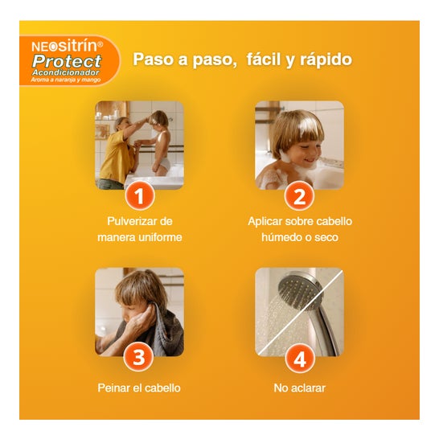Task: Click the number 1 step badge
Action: coord(139,195)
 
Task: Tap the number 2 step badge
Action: coord(299,195)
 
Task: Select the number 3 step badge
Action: coord(139,357)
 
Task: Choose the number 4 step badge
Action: coord(300,358)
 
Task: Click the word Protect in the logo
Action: coord(67,61)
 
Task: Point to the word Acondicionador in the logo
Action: coord(66,72)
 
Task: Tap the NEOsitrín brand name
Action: coord(68,46)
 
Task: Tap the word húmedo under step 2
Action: coord(281,237)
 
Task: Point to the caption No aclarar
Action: coord(300,388)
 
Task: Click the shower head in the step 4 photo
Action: coord(300,291)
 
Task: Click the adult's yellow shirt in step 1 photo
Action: coord(117,157)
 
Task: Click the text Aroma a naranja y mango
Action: coord(66,80)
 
